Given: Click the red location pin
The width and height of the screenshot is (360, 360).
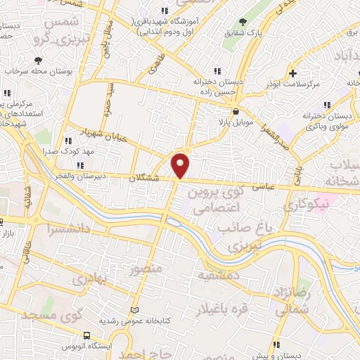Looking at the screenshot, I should point(181,165).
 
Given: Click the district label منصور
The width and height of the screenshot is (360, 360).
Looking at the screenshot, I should point(146,268).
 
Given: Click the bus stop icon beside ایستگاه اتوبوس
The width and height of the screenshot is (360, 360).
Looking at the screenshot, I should point(86,336).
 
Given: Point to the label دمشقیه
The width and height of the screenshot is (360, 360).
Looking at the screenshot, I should point(219,276).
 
